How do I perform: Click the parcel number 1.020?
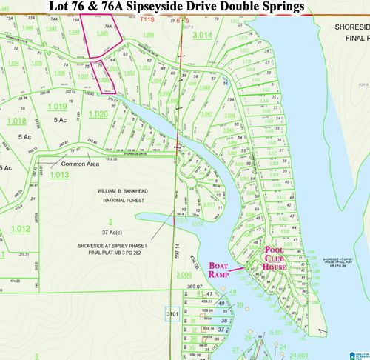(98, 115)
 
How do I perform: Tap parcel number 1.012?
(21, 229)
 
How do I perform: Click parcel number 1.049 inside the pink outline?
(102, 33)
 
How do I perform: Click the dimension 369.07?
(195, 287)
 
